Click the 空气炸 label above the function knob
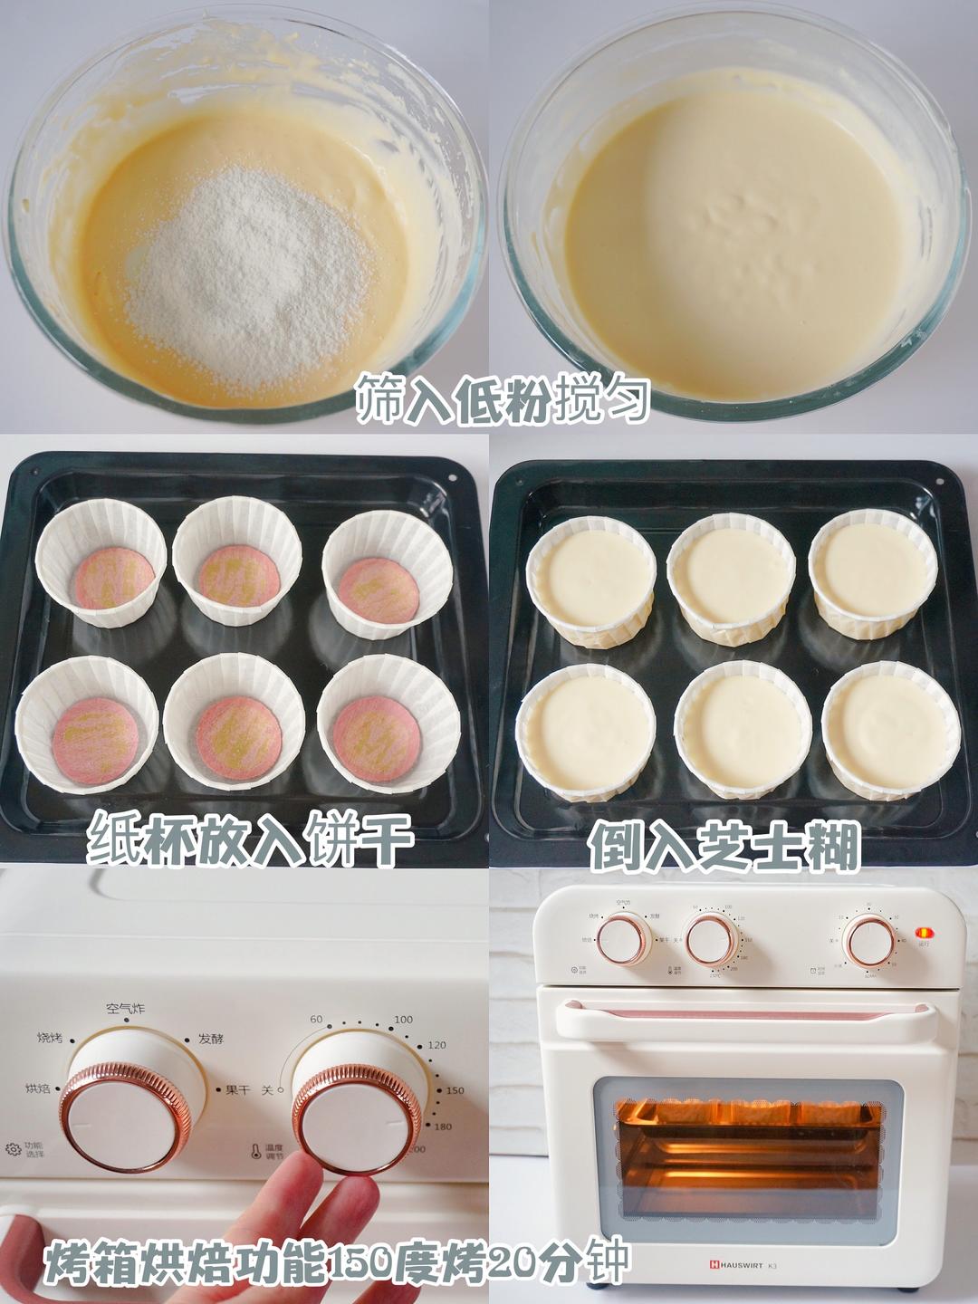125,1009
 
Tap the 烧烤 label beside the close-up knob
51,1038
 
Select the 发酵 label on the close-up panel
210,1040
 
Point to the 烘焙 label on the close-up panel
38,1088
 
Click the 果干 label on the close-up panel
236,1090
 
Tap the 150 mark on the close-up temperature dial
455,1090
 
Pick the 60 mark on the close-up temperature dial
316,1020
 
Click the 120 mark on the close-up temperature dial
436,1045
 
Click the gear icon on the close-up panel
13,1149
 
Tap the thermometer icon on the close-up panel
256,1151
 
